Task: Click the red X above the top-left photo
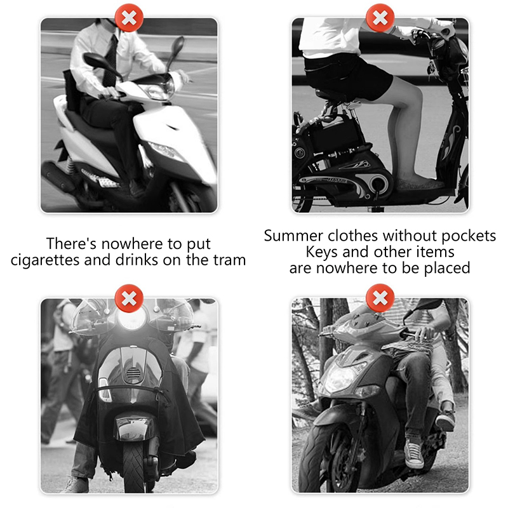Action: pyautogui.click(x=129, y=18)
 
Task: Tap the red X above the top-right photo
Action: pyautogui.click(x=380, y=18)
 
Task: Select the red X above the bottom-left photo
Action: pyautogui.click(x=129, y=298)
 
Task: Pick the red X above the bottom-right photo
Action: pyautogui.click(x=380, y=298)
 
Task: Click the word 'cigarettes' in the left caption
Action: pyautogui.click(x=45, y=260)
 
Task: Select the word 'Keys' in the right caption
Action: pyautogui.click(x=321, y=252)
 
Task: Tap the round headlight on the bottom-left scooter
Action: pyautogui.click(x=131, y=319)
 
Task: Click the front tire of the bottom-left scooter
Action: pyautogui.click(x=133, y=467)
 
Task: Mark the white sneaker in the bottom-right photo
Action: pyautogui.click(x=414, y=453)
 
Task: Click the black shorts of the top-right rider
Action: pyautogui.click(x=348, y=76)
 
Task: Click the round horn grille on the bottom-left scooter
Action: pyautogui.click(x=133, y=373)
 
